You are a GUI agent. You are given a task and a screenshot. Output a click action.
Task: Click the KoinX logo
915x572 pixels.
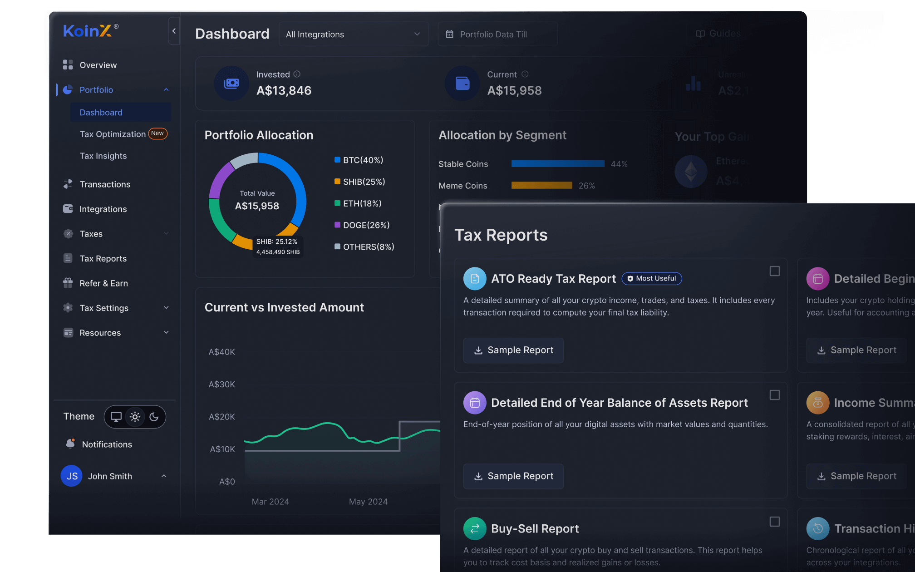87,31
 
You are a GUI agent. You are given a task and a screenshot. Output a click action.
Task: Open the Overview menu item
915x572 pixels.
98,65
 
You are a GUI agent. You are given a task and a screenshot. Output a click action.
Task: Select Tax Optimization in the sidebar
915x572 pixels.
113,134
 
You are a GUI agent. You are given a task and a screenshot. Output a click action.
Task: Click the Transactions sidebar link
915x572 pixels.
105,184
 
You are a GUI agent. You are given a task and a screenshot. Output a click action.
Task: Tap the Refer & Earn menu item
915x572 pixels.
103,283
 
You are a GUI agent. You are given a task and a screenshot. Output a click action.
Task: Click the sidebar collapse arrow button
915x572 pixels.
174,31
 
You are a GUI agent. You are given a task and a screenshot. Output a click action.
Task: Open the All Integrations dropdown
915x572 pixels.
353,35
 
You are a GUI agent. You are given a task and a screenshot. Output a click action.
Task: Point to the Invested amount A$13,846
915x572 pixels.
284,91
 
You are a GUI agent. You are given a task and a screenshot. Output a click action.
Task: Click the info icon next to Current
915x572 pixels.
525,74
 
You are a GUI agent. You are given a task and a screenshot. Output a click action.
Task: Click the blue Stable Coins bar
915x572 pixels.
557,164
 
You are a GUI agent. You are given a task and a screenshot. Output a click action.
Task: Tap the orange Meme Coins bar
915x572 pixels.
541,185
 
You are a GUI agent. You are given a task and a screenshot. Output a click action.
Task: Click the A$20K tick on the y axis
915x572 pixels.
221,417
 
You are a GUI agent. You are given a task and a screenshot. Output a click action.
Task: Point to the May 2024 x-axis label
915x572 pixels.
368,502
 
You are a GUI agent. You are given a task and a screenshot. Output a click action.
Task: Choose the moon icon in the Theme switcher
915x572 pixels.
154,417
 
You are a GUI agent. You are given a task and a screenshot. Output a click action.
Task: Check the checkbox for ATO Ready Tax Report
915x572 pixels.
774,271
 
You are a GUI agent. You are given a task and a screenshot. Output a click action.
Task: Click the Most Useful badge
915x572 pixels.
651,278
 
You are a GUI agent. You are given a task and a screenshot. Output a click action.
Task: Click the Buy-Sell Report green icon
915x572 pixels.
475,528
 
